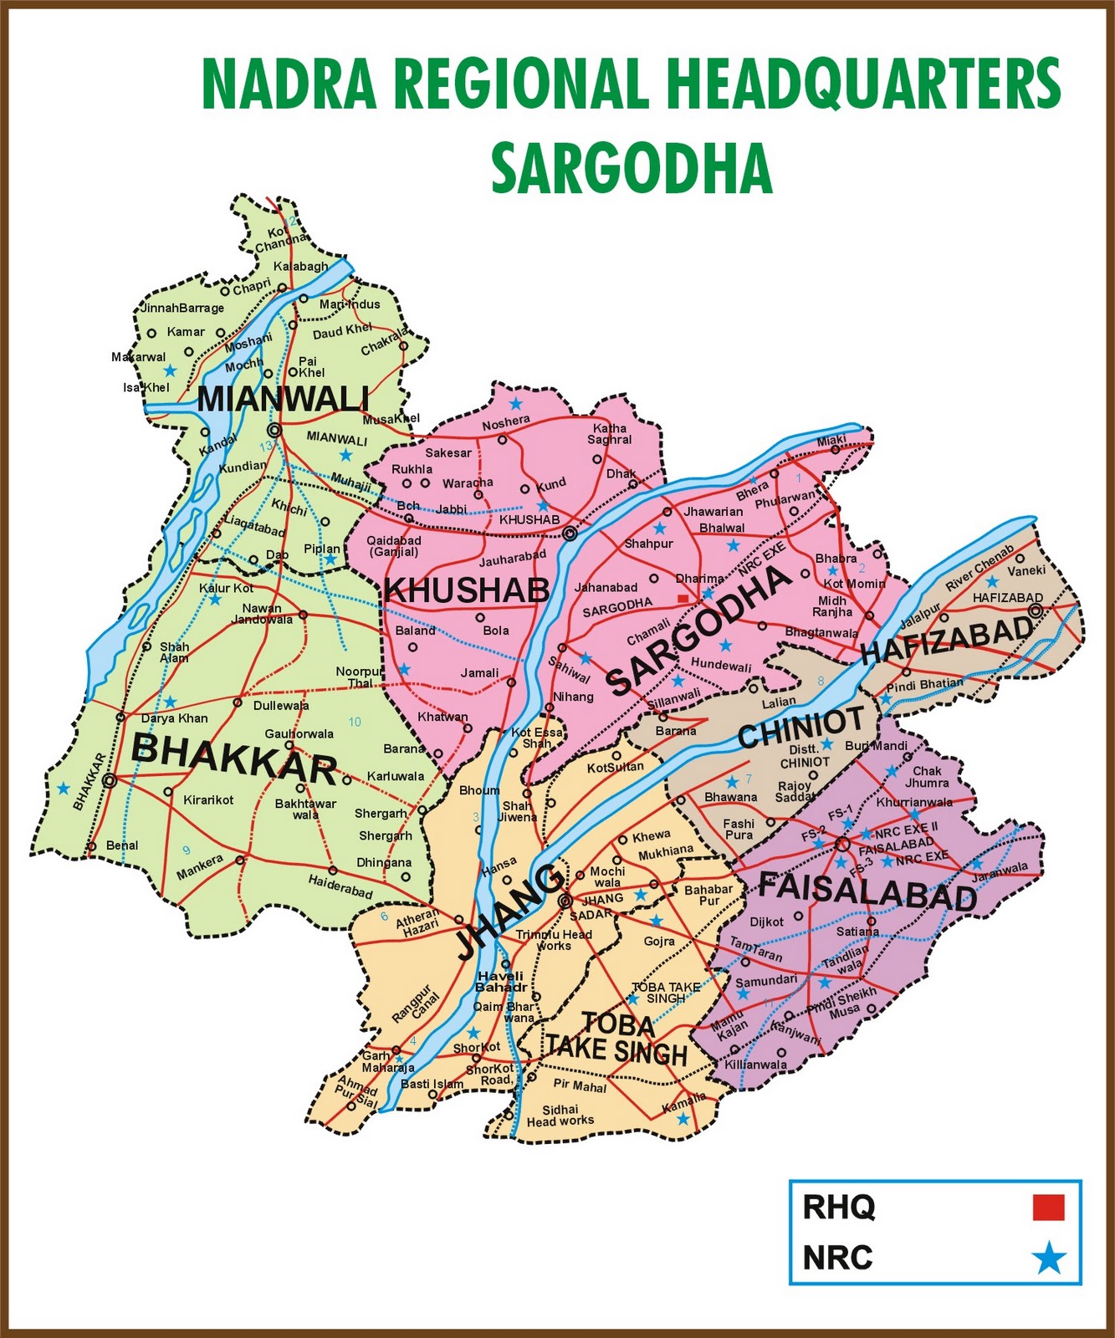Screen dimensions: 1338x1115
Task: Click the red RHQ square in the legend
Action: pos(1048,1208)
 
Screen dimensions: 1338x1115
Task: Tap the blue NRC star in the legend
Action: pos(1048,1258)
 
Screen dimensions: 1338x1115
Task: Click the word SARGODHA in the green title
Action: pos(631,167)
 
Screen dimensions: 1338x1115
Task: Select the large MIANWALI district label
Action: pos(283,399)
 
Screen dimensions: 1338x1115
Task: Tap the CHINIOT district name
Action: pos(800,728)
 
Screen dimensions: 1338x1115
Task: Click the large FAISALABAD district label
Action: pos(867,890)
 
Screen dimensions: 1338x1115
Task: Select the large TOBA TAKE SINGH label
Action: pos(617,1039)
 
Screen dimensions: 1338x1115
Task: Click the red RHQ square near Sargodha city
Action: pos(683,599)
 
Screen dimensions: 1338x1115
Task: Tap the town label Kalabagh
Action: pos(301,267)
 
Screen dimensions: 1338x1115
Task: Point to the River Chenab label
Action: pos(979,569)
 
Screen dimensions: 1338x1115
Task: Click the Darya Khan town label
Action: pos(174,718)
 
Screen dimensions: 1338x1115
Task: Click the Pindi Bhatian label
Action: pos(924,685)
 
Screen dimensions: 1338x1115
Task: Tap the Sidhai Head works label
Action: pos(560,1115)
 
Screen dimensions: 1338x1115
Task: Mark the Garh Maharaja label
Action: pos(387,1062)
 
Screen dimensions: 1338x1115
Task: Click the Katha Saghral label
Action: pos(610,433)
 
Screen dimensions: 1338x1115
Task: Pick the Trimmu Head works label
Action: pos(554,940)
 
